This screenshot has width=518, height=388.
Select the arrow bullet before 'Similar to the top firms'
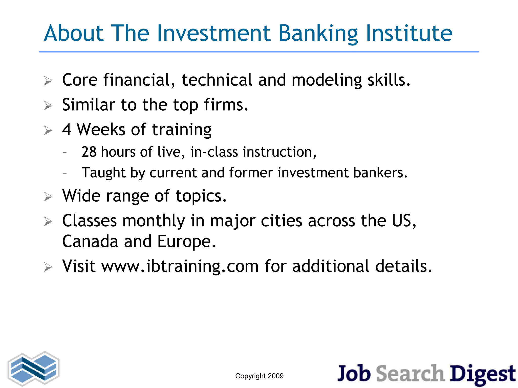coord(48,105)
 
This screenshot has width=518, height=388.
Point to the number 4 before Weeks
coord(67,130)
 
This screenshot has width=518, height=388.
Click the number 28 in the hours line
coord(89,152)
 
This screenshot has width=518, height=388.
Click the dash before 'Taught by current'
coord(65,173)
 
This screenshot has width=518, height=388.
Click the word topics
coord(201,196)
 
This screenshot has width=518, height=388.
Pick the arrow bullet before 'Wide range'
coord(48,197)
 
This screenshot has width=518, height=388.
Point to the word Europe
coord(187,242)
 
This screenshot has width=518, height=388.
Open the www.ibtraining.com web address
coord(180,266)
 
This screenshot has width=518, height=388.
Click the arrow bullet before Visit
coord(48,267)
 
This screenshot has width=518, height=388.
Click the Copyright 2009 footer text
coord(259,376)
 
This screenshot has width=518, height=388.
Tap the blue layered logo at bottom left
coord(34,369)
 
